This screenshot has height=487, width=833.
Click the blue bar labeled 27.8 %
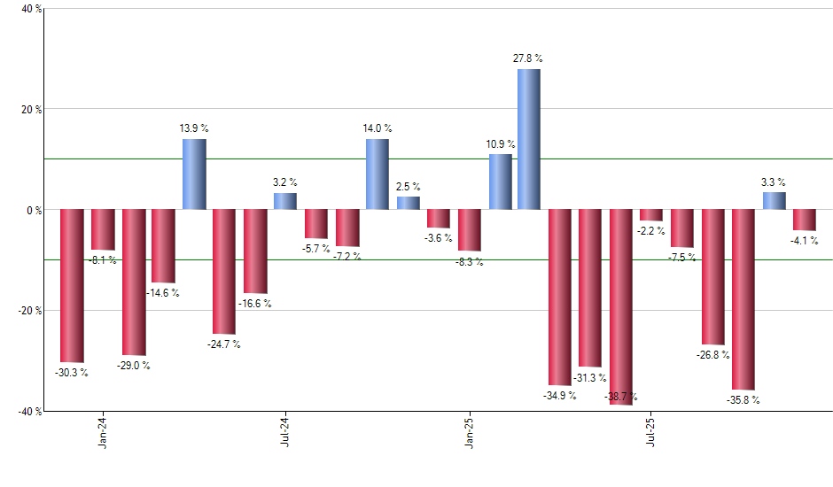[x=529, y=139]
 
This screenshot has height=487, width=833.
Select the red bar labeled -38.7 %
[x=621, y=306]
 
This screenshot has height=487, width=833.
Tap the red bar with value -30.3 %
[x=72, y=285]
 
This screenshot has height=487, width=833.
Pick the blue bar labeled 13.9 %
[x=194, y=174]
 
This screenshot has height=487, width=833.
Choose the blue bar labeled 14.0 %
[x=377, y=174]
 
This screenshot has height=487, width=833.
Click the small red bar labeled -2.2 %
[x=651, y=215]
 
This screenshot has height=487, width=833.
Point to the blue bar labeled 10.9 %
[x=500, y=182]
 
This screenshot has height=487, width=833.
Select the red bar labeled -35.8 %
[x=743, y=299]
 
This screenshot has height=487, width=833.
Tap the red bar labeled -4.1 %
[x=804, y=220]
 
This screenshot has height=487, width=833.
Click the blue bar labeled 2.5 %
[x=408, y=204]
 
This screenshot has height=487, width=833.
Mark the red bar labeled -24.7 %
[x=224, y=271]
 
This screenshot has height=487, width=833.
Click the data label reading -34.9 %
[x=560, y=395]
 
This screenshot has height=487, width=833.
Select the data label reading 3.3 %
[x=774, y=182]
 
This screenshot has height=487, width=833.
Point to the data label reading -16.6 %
[x=255, y=304]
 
